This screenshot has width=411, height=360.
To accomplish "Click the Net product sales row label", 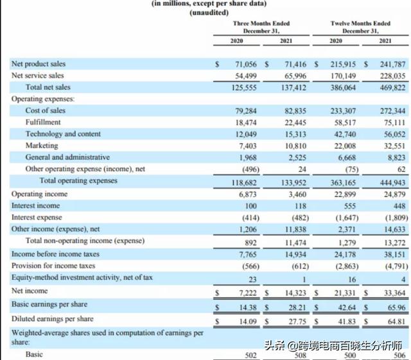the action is [x=39, y=64].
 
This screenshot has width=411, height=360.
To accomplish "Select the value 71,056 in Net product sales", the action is [x=246, y=64].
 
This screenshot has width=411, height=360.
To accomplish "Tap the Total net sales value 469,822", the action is [x=392, y=87].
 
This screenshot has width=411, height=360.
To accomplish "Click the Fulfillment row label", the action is [x=43, y=123].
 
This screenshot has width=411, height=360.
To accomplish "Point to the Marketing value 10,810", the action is [x=295, y=146].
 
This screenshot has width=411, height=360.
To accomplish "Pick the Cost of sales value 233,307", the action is [x=343, y=111].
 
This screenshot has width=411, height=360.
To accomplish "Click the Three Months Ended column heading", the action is [x=261, y=24].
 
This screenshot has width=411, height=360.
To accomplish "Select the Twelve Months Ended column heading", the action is [x=360, y=24].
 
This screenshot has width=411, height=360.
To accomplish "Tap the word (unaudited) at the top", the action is [x=209, y=13].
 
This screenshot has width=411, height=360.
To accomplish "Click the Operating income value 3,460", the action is [x=295, y=194].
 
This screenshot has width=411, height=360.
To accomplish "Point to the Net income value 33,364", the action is [x=395, y=293].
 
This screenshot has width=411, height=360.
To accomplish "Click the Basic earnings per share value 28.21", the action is [x=297, y=307].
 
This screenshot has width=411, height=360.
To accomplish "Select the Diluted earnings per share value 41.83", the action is [x=347, y=321].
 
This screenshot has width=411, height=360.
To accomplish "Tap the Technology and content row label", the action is [x=63, y=134].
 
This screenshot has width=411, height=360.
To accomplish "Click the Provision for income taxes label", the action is [x=53, y=266].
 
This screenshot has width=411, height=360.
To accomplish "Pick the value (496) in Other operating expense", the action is [x=250, y=169].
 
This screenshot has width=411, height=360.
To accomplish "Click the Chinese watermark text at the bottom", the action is [x=333, y=346].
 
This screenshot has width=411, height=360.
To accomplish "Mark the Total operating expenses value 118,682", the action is [x=244, y=183].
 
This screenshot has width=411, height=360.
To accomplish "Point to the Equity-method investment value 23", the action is [x=252, y=280].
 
